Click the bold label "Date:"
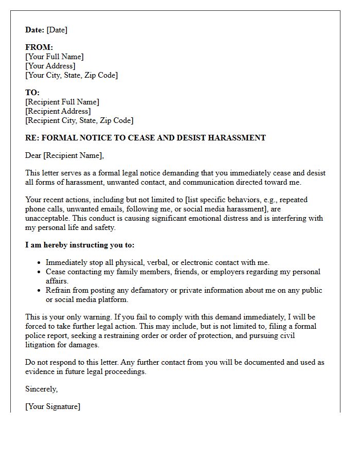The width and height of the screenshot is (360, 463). [34, 30]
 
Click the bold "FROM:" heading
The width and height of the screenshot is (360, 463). [39, 47]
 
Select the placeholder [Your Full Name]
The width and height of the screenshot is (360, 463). [55, 57]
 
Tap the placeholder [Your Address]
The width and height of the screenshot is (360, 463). [50, 66]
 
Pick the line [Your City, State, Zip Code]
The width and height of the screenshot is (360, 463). [71, 75]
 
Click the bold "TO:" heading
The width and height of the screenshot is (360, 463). [32, 93]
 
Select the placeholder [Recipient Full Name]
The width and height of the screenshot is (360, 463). [62, 102]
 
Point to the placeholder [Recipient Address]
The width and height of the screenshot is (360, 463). [58, 111]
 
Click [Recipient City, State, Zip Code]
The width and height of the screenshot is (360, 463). [79, 120]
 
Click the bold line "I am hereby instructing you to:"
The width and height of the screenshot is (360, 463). [80, 245]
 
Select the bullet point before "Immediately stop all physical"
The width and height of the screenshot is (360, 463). [39, 263]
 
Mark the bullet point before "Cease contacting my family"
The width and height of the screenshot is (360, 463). [39, 272]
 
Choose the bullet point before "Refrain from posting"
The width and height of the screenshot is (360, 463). [39, 291]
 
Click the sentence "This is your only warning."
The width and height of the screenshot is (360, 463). [68, 317]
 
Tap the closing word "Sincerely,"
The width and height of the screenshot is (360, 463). [42, 389]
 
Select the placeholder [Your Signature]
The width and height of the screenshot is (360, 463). [53, 406]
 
